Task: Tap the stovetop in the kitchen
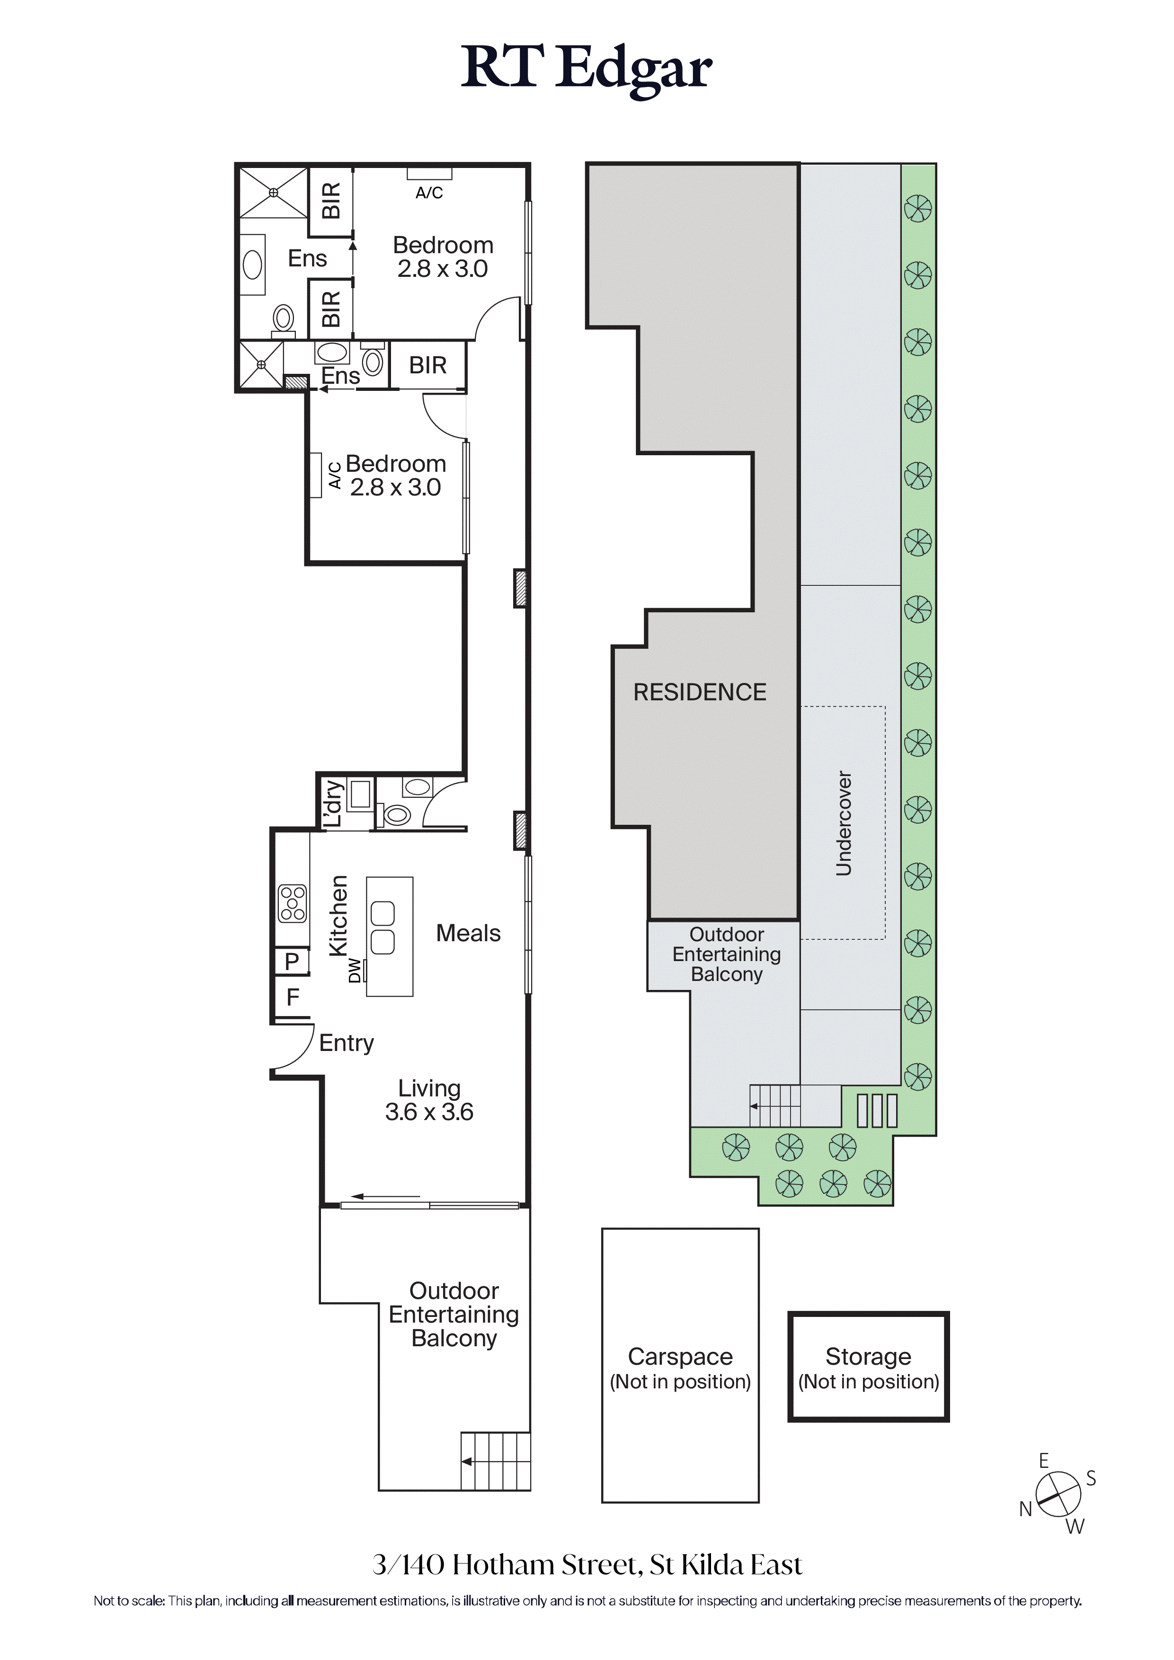[292, 904]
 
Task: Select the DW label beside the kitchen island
[355, 970]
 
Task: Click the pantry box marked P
[292, 962]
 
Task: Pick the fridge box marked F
[292, 998]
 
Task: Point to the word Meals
[468, 933]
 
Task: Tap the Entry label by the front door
[347, 1043]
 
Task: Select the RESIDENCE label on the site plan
[700, 693]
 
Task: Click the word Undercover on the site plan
[844, 823]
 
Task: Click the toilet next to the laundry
[397, 815]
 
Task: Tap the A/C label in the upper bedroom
[429, 193]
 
